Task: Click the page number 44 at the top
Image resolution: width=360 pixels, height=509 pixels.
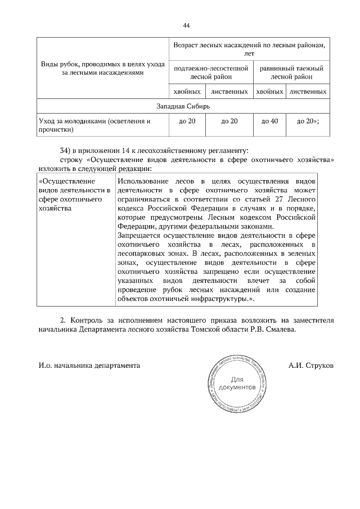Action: point(186,25)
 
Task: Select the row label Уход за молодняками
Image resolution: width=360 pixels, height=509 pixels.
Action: point(94,125)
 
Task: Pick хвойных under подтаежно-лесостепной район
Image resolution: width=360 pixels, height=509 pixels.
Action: point(187,91)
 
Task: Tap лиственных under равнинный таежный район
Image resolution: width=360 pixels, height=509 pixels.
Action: point(308,91)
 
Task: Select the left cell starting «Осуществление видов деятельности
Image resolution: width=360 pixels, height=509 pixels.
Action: point(75,195)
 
